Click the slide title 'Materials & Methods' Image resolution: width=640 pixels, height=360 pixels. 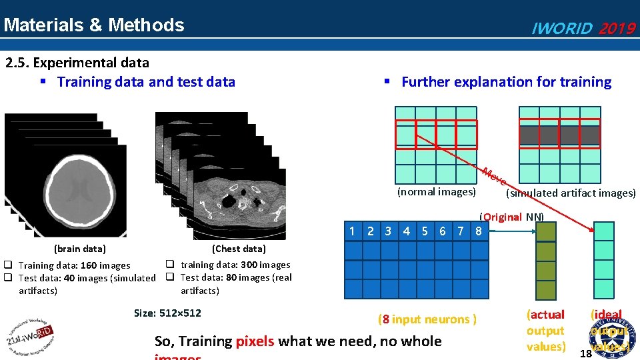click(x=94, y=25)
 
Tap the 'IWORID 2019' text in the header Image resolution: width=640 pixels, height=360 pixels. click(x=582, y=28)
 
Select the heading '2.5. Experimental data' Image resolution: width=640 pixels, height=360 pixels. click(x=77, y=63)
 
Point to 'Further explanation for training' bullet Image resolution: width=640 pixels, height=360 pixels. click(x=505, y=82)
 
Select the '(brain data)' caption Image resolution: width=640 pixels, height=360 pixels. click(x=79, y=249)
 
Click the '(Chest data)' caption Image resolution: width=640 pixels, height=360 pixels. click(x=238, y=249)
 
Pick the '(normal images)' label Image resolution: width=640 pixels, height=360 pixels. click(x=437, y=192)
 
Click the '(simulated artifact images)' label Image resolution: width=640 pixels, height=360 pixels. click(x=571, y=193)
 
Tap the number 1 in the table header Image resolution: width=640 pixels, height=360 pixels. click(x=353, y=231)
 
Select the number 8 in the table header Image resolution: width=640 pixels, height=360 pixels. click(x=477, y=231)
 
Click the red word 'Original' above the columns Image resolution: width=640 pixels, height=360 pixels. click(x=503, y=217)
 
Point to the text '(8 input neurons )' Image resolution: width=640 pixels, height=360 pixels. click(x=427, y=319)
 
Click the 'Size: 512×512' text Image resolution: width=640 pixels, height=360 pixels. click(x=167, y=313)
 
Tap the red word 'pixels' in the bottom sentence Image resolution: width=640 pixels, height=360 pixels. click(x=255, y=341)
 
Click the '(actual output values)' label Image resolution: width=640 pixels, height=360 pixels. click(x=545, y=331)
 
